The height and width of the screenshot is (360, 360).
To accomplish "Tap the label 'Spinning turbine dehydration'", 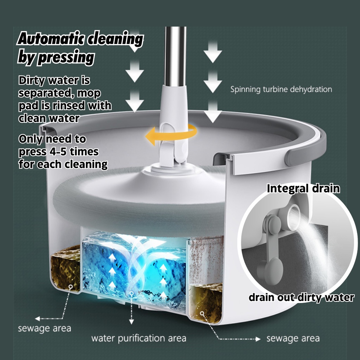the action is point(281,89).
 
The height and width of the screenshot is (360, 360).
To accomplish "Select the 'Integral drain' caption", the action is point(303,188).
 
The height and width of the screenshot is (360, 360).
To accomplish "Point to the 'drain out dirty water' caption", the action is point(301,297).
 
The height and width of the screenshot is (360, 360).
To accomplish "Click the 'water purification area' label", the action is point(139,338).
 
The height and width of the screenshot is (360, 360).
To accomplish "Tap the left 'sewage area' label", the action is point(45,328).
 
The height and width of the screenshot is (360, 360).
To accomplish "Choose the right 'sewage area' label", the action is point(293,338).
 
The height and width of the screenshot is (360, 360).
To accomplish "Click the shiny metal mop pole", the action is point(175,57).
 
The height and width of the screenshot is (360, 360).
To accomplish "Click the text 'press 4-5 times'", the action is point(59,152).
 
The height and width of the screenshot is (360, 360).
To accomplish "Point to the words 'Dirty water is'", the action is point(54,81).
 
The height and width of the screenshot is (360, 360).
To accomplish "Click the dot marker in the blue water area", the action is point(131,294).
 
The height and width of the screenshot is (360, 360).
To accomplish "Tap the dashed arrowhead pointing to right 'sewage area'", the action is point(258,339).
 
